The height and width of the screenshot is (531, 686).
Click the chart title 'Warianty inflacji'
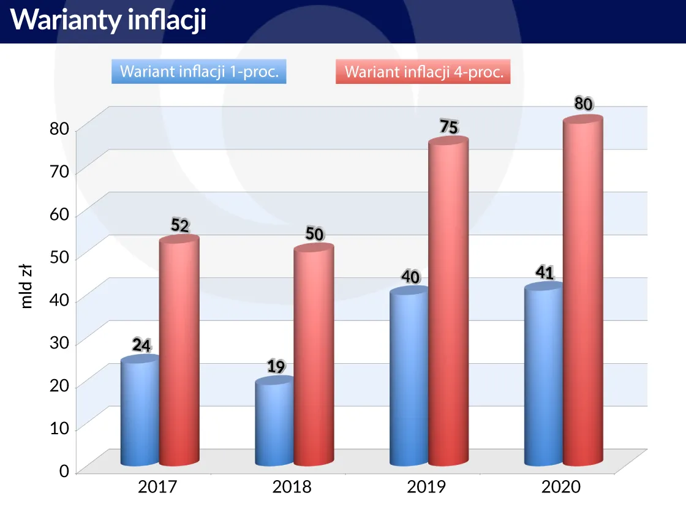(x=108, y=20)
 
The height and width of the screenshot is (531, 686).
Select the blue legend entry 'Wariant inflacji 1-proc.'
(x=199, y=72)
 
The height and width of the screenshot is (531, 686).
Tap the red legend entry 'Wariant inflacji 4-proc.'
(x=423, y=72)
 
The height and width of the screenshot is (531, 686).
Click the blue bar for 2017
(x=139, y=413)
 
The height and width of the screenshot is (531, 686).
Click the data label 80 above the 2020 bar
(x=584, y=104)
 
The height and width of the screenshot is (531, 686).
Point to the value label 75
(x=449, y=127)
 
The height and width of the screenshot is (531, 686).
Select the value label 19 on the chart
(x=276, y=367)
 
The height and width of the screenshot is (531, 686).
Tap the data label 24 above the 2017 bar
(x=141, y=345)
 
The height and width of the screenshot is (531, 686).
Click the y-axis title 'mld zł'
(x=26, y=285)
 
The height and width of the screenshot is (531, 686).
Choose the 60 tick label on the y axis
(x=59, y=214)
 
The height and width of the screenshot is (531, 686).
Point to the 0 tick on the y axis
(x=64, y=471)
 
